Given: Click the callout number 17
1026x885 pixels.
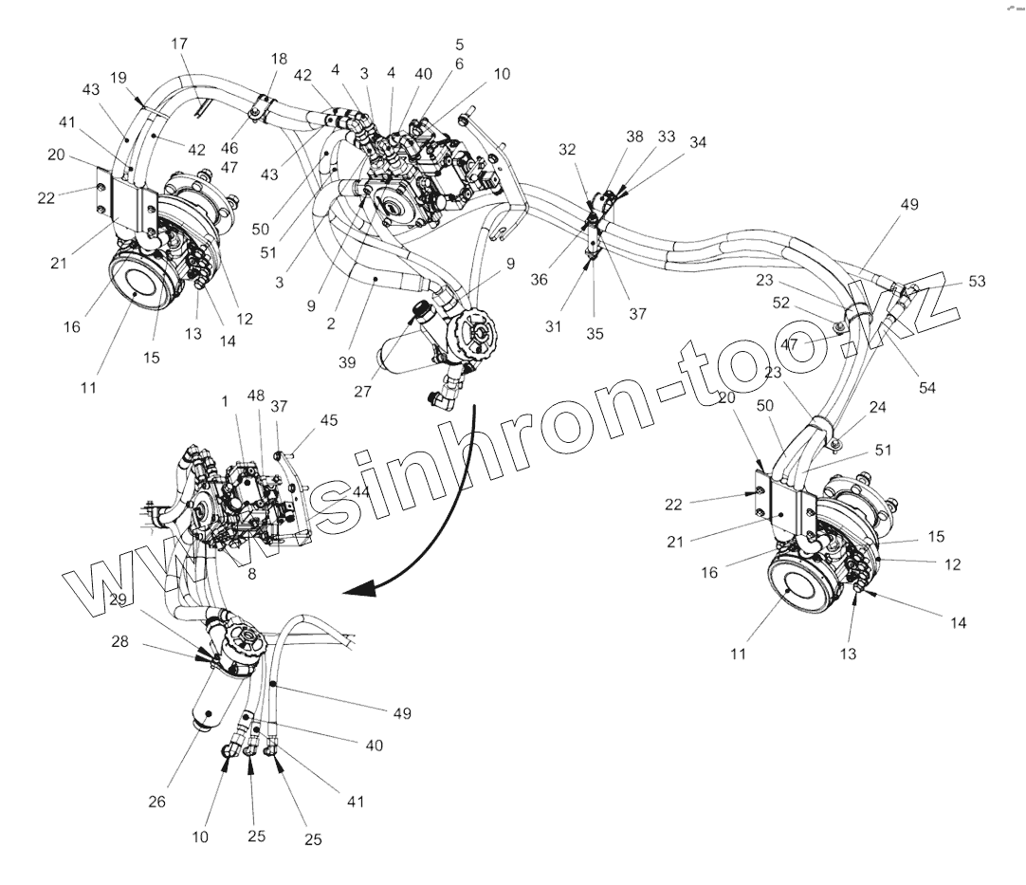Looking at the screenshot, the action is [x=179, y=44].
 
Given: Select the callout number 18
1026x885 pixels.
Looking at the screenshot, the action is [x=279, y=59].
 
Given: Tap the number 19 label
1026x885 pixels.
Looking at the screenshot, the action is [x=119, y=78].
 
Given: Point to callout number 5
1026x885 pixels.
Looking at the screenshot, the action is [x=459, y=45].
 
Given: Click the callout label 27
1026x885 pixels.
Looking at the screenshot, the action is [x=362, y=392].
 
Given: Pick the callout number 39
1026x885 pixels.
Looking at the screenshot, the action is [x=347, y=362].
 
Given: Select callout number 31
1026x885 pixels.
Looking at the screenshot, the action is [x=554, y=326].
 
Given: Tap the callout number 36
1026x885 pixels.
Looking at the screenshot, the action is [x=539, y=280].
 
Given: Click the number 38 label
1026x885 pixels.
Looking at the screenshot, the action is [x=634, y=137].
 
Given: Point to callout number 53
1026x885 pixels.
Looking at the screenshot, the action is [x=977, y=281].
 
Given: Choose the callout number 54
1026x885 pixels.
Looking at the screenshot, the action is [x=927, y=388].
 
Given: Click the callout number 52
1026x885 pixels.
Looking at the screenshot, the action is [x=781, y=303].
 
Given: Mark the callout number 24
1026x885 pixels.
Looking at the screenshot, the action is [x=877, y=407].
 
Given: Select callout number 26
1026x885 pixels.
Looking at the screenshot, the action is [x=157, y=802].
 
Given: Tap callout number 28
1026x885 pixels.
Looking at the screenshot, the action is [x=119, y=641].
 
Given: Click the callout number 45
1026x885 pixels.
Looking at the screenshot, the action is [x=328, y=420].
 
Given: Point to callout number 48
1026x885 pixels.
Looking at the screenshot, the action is [x=256, y=396].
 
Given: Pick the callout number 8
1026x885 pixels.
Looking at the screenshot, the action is [x=252, y=574].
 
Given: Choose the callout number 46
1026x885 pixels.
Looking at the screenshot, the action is [x=229, y=148].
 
